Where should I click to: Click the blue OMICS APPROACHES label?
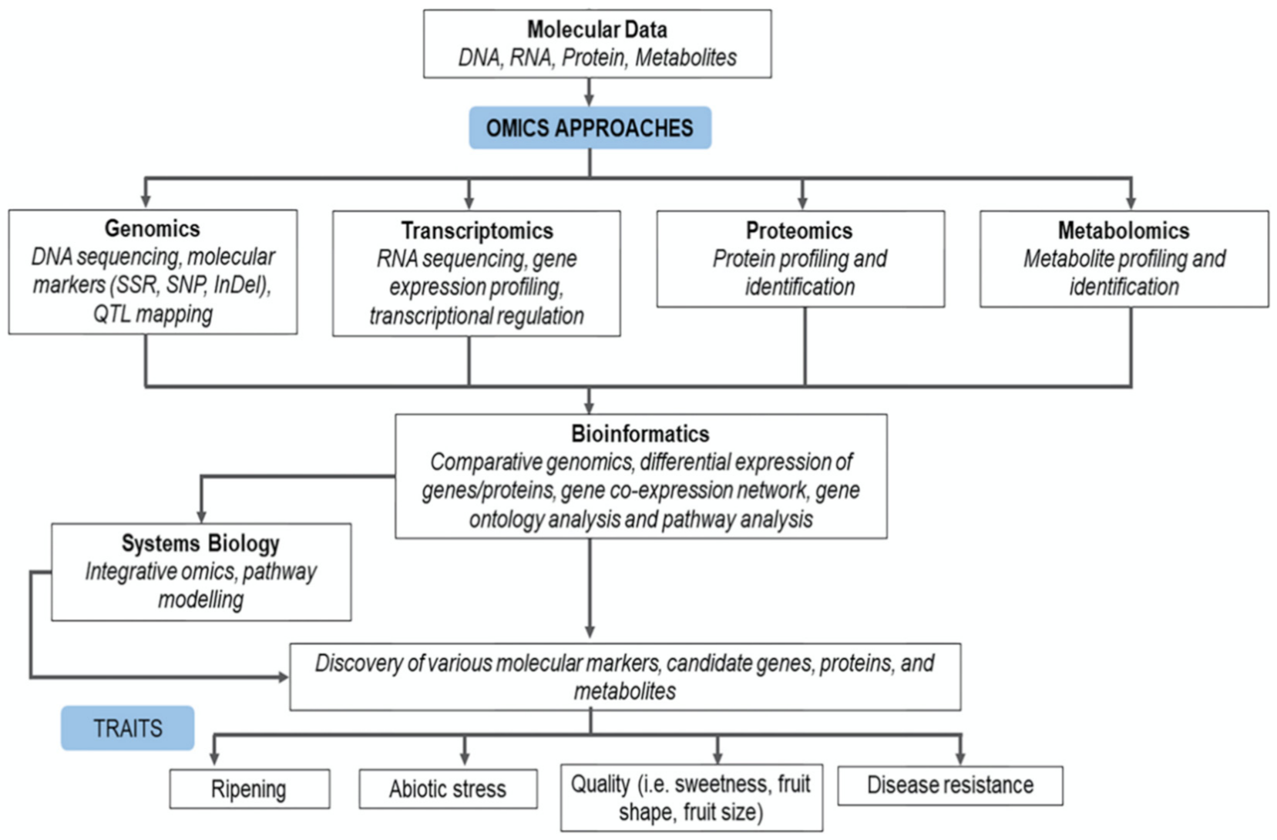pos(590,128)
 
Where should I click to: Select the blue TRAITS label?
pos(128,728)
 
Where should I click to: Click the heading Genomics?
pos(152,229)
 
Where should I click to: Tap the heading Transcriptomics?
pos(476,230)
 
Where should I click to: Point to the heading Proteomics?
pos(799,230)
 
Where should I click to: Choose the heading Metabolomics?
pos(1123,230)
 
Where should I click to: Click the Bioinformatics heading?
pos(640,434)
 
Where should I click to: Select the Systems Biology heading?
pos(200,543)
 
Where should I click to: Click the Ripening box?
pos(249,789)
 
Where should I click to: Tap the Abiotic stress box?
pos(448,789)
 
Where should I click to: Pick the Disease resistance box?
pos(949,785)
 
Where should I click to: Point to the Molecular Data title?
pos(596,29)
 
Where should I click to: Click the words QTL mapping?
pos(153,314)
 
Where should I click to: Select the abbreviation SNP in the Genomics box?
pos(185,285)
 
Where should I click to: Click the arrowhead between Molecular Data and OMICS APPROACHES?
pos(590,99)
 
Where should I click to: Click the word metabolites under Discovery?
pos(624,691)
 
